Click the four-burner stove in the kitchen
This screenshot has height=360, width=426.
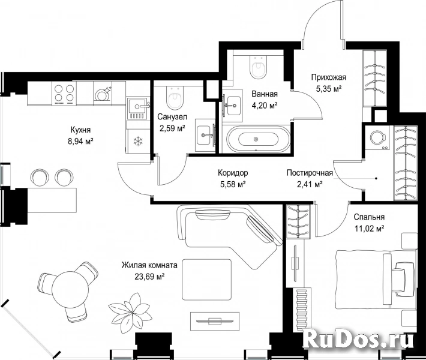point(64,94)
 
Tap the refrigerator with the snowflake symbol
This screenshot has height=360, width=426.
point(138,141)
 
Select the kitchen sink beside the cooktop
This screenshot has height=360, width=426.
point(138,109)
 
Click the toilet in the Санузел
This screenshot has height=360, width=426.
point(173,98)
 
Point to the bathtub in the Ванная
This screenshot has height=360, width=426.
point(256,139)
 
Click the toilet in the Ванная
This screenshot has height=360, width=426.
point(258,67)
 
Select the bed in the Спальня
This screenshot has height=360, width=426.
point(376,280)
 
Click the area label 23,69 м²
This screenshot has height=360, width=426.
point(149,277)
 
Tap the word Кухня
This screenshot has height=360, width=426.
point(80,130)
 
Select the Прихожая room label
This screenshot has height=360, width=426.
point(329,77)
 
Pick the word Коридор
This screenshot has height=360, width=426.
point(233,173)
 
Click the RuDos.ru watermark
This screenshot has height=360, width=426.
point(359,338)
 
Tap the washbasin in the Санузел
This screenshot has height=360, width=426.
point(205,135)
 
